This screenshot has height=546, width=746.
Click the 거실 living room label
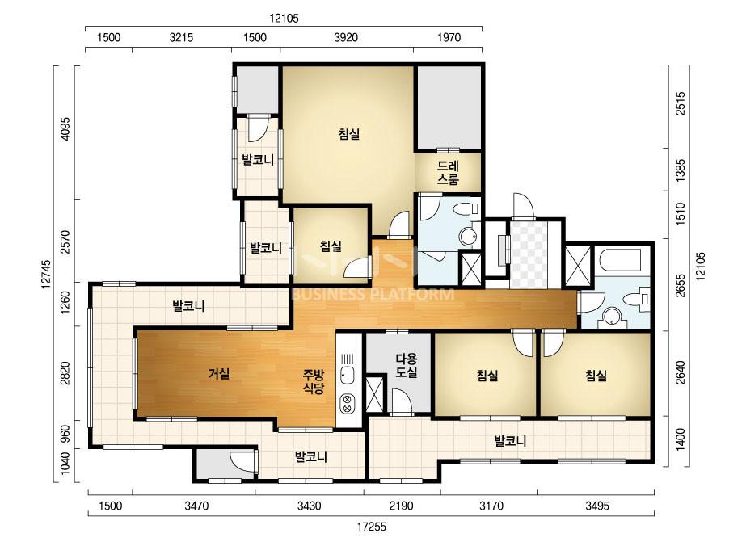219,374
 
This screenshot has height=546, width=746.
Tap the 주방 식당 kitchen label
314,381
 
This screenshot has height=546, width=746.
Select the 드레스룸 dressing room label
449,172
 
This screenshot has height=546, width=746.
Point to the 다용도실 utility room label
407,365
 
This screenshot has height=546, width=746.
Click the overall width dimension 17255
372,527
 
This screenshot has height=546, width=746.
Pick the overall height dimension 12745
46,274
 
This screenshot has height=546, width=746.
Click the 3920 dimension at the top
346,37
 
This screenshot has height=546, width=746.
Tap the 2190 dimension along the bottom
401,505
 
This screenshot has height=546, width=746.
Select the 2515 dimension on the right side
681,103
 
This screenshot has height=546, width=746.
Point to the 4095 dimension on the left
65,128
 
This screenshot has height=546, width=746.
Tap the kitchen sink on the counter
347,376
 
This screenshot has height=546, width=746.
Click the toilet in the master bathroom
466,209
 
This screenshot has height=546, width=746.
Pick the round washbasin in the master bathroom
468,237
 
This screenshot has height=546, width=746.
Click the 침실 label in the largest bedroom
348,134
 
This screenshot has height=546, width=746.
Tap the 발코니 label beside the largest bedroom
257,159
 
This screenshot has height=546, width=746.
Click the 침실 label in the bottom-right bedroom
596,376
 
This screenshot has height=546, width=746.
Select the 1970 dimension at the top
449,37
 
